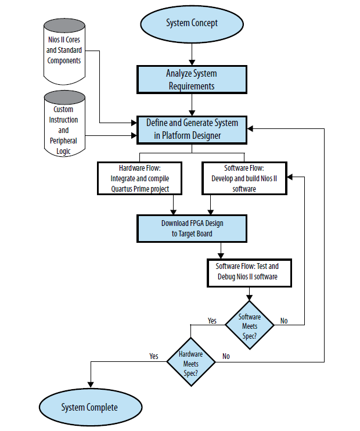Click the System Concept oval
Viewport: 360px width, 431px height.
coord(191,24)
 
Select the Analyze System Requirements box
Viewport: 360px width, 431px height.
coord(191,80)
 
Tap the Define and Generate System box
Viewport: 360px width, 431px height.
coord(191,130)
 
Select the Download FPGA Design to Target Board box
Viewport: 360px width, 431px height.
coord(191,229)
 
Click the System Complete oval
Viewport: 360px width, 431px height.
coord(89,407)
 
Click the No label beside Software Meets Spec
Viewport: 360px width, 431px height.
coord(284,321)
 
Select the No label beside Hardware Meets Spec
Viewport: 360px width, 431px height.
coord(226,357)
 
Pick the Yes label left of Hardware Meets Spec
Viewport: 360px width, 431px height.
coord(154,357)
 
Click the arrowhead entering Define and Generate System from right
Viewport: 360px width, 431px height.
coord(250,130)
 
